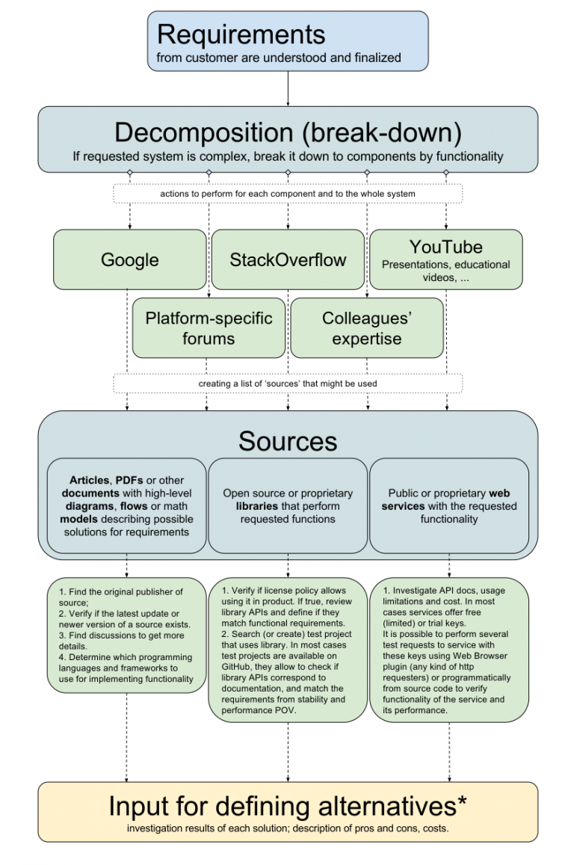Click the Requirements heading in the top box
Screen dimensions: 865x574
(x=241, y=34)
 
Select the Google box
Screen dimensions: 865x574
(x=130, y=260)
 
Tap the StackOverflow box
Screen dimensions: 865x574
(x=288, y=260)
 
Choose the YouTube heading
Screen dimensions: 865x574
(x=445, y=247)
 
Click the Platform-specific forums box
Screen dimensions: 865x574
(x=209, y=328)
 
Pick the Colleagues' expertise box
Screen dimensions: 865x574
(x=367, y=328)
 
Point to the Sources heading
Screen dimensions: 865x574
(x=288, y=441)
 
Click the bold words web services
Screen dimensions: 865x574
(x=448, y=499)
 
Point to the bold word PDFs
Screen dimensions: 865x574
(x=129, y=480)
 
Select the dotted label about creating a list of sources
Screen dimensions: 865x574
(x=288, y=384)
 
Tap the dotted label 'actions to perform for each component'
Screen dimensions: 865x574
(x=288, y=194)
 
